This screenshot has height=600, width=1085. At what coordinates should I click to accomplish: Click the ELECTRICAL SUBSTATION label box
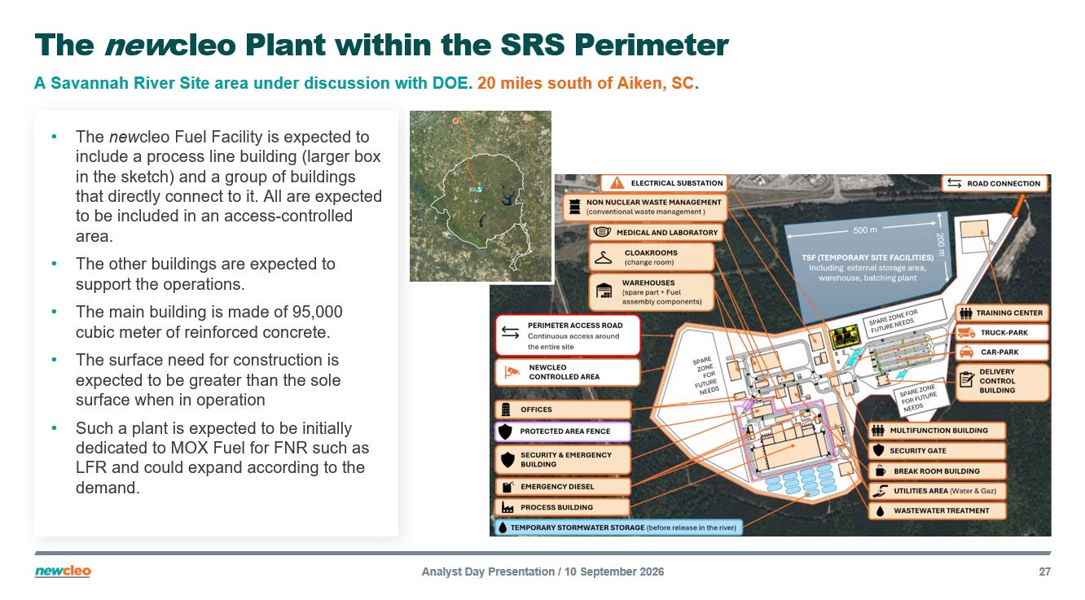pos(664,183)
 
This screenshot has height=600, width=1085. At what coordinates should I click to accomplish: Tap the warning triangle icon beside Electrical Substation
pos(617,183)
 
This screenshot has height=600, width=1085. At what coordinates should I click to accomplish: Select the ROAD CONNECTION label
pos(995,183)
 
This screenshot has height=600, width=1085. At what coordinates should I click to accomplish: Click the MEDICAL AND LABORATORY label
pos(656,233)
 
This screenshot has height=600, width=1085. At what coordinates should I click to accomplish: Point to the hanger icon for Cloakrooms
pos(603,257)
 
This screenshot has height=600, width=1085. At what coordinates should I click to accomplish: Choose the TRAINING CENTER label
pos(1002,313)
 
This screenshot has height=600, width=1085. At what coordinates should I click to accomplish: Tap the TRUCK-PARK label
pos(1002,333)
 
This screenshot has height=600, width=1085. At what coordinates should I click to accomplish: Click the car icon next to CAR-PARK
pos(966,352)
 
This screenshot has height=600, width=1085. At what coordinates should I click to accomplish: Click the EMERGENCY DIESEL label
pos(562,487)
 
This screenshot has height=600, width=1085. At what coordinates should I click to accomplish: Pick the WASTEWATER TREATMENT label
pos(937,510)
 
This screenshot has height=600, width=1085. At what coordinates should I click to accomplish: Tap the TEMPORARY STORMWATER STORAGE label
pos(618,528)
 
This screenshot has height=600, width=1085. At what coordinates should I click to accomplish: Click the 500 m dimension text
pos(865,230)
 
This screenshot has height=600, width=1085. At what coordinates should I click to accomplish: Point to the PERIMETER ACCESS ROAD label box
pos(567,335)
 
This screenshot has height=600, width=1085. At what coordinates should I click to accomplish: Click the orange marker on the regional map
pos(455,120)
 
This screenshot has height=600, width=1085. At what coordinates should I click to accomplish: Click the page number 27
pos(1045,572)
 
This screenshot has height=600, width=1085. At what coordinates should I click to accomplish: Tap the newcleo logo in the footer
pos(63,572)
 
